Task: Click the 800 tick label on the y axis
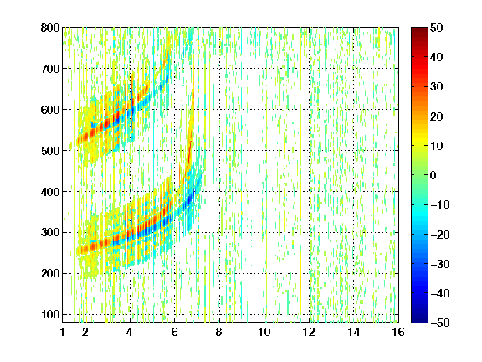point(50,28)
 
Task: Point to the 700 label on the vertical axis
point(50,69)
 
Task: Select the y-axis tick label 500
point(50,151)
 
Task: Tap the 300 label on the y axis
point(50,233)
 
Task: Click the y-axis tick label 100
point(50,314)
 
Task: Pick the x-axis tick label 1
point(63,332)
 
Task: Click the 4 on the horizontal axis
point(130,332)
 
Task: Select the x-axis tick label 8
point(219,332)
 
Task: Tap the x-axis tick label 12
point(309,332)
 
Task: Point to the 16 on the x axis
point(398,332)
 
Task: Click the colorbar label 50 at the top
point(437,28)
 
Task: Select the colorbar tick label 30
point(437,87)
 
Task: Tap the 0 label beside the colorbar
point(433,175)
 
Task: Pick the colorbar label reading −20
point(440,235)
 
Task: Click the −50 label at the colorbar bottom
point(440,323)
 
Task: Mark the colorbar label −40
point(440,293)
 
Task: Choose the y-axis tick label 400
point(50,192)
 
